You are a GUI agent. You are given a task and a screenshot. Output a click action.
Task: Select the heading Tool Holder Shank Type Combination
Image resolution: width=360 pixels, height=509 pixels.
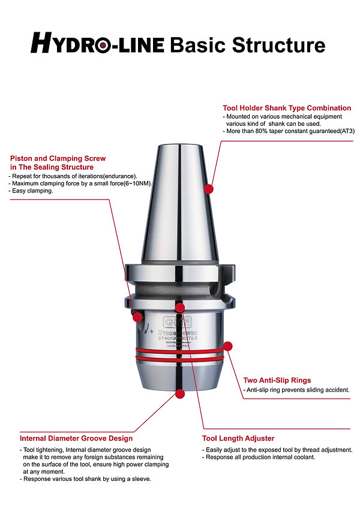point(287,108)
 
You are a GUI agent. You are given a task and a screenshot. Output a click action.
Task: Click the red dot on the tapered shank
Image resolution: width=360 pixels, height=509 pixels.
point(209,189)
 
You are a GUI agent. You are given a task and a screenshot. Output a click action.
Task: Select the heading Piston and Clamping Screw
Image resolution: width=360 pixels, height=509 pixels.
point(58,158)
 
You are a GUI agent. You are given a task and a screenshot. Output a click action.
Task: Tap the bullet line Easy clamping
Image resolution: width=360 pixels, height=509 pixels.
point(33,191)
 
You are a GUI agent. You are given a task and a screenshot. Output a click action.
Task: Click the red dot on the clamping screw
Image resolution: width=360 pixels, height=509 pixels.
point(137,316)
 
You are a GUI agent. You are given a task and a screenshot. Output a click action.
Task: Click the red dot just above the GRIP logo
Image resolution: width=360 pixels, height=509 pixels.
point(180,308)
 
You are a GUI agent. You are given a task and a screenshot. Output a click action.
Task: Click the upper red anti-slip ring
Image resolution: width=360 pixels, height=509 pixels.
point(180,350)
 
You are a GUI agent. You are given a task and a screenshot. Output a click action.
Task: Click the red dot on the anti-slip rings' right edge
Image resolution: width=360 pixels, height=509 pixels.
point(227,347)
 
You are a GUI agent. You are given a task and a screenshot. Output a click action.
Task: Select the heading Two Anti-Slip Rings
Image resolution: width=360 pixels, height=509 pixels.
point(277,380)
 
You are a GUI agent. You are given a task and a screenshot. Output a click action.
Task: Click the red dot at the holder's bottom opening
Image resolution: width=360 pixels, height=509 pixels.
point(181,394)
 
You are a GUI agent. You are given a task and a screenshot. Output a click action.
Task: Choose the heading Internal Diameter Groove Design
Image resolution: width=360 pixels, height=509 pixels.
point(76,438)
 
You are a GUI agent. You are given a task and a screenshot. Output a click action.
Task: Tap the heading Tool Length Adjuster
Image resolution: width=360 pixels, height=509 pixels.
point(238,438)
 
